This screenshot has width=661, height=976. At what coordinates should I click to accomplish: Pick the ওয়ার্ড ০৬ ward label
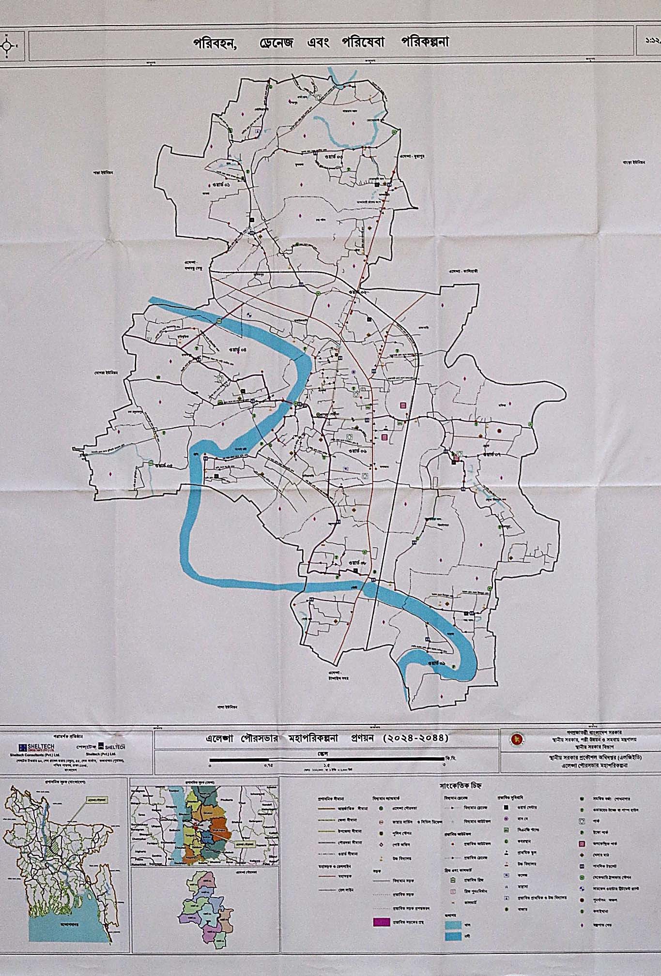click(356, 450)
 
